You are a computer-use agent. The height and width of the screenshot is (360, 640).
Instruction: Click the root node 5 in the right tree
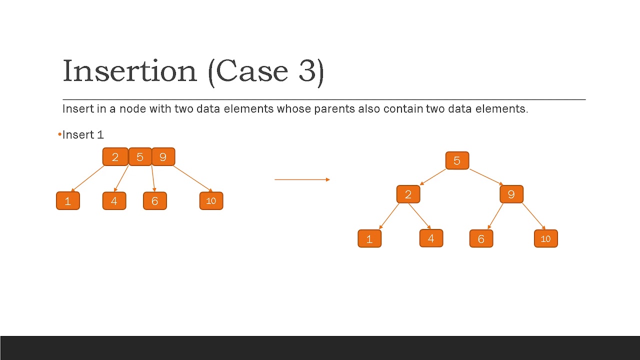[x=457, y=160]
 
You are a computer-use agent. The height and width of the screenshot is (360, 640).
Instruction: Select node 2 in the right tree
[x=408, y=194]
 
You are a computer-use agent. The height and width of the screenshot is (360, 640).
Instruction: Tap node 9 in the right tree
[x=511, y=194]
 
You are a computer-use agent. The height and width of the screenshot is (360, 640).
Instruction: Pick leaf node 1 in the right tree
[x=369, y=239]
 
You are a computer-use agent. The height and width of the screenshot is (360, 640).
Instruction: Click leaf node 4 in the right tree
[x=431, y=238]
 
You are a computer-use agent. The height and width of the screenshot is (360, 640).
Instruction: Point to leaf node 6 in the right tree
[x=481, y=239]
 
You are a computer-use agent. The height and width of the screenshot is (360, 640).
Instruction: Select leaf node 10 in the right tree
[x=545, y=239]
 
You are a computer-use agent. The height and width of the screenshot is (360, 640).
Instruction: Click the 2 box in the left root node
[x=115, y=157]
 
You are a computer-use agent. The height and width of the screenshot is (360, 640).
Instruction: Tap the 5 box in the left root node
[x=140, y=157]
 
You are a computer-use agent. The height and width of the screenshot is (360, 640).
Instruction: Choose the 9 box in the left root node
[x=163, y=157]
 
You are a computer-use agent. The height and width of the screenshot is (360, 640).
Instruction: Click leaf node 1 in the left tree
[x=68, y=201]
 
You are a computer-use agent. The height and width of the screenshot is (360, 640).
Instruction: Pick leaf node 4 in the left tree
[x=114, y=201]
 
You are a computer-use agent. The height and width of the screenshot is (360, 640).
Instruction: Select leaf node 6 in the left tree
[x=154, y=201]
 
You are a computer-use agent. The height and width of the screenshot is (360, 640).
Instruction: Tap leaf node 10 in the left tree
[x=211, y=201]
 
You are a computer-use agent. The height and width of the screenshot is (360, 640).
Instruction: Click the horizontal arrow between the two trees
[x=302, y=179]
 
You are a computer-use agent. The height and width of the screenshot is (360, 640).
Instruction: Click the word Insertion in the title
[x=129, y=71]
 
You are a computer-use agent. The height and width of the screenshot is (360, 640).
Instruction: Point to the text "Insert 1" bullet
[x=82, y=135]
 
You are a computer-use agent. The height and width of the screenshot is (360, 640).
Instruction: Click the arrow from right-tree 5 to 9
[x=486, y=177]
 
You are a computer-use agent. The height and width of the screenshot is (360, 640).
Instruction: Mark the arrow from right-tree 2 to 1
[x=389, y=216]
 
